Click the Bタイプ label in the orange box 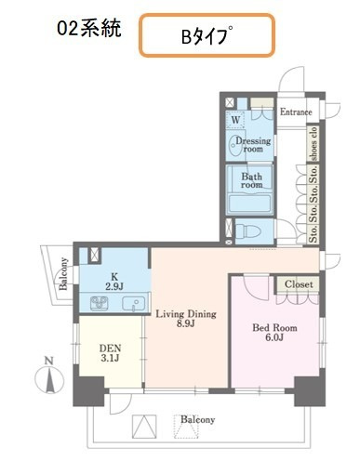[x=207, y=36]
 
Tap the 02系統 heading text [x=89, y=29]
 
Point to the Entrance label [x=296, y=112]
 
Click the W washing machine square [x=235, y=120]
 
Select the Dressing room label [x=253, y=145]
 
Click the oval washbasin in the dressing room [x=234, y=145]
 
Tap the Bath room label [x=251, y=180]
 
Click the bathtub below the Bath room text [x=250, y=203]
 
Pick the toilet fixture [x=247, y=231]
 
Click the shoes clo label [x=313, y=143]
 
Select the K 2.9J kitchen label [x=114, y=282]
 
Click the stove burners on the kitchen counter [x=99, y=303]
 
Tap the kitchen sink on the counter [x=133, y=304]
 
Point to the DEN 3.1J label [x=110, y=353]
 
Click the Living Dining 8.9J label [x=186, y=319]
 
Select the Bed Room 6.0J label [x=274, y=333]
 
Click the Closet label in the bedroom [x=299, y=284]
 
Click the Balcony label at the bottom [x=197, y=419]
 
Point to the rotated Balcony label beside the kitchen [x=63, y=273]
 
